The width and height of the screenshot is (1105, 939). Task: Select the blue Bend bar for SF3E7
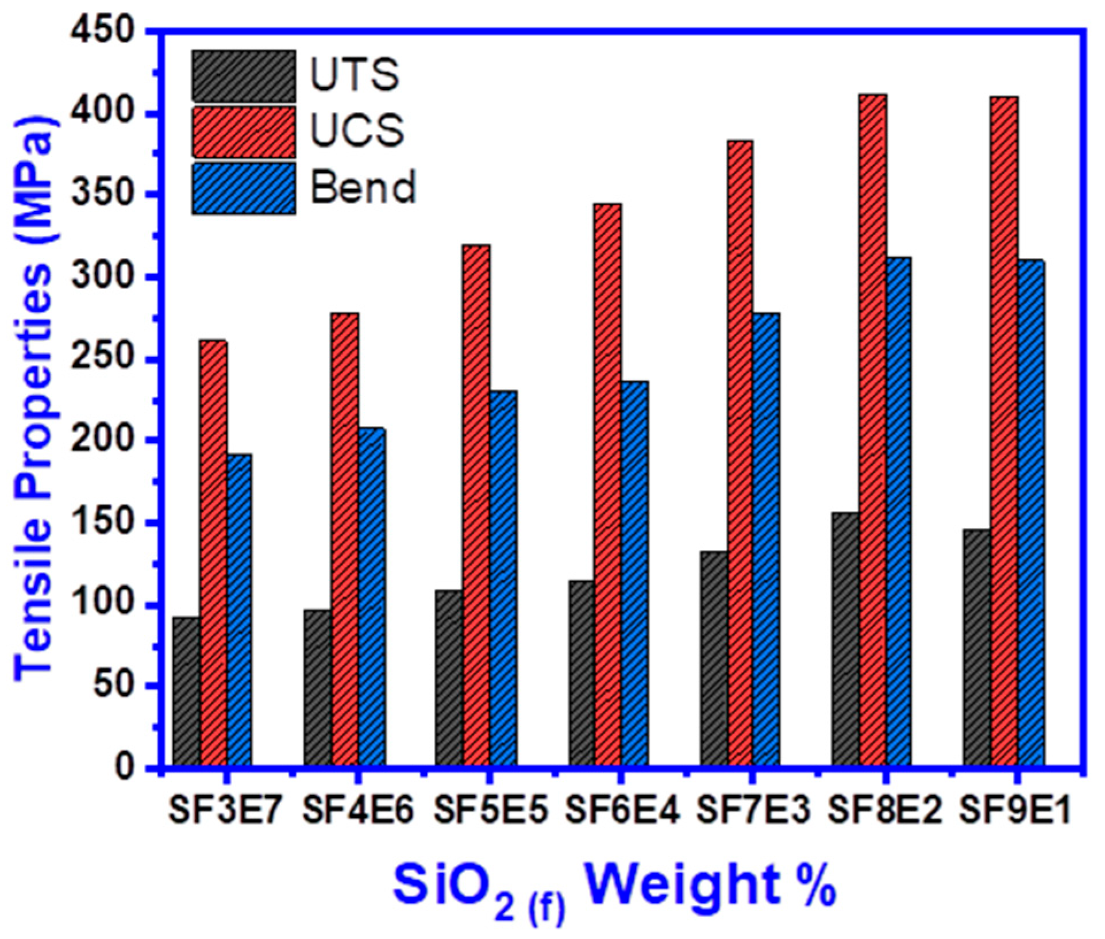click(x=239, y=610)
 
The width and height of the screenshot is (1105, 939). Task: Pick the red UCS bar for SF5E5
click(x=476, y=505)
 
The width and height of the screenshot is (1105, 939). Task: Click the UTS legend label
click(x=355, y=75)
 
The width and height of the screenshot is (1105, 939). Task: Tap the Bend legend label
click(x=363, y=188)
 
